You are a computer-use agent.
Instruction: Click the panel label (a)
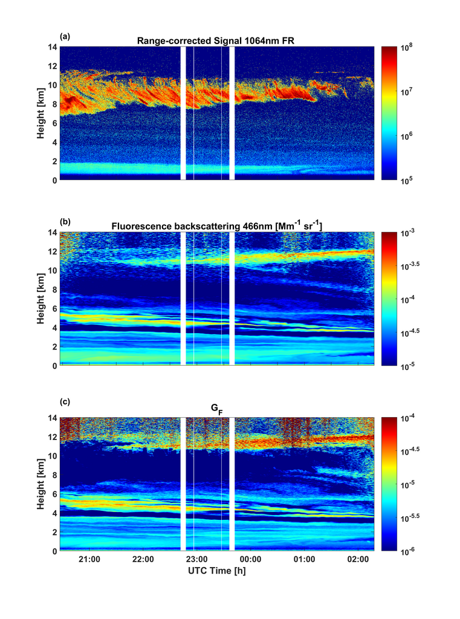[63, 36]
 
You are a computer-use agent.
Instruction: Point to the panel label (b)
[63, 221]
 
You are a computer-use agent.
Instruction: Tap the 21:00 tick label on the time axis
[89, 560]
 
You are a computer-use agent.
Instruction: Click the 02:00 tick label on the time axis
[358, 560]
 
